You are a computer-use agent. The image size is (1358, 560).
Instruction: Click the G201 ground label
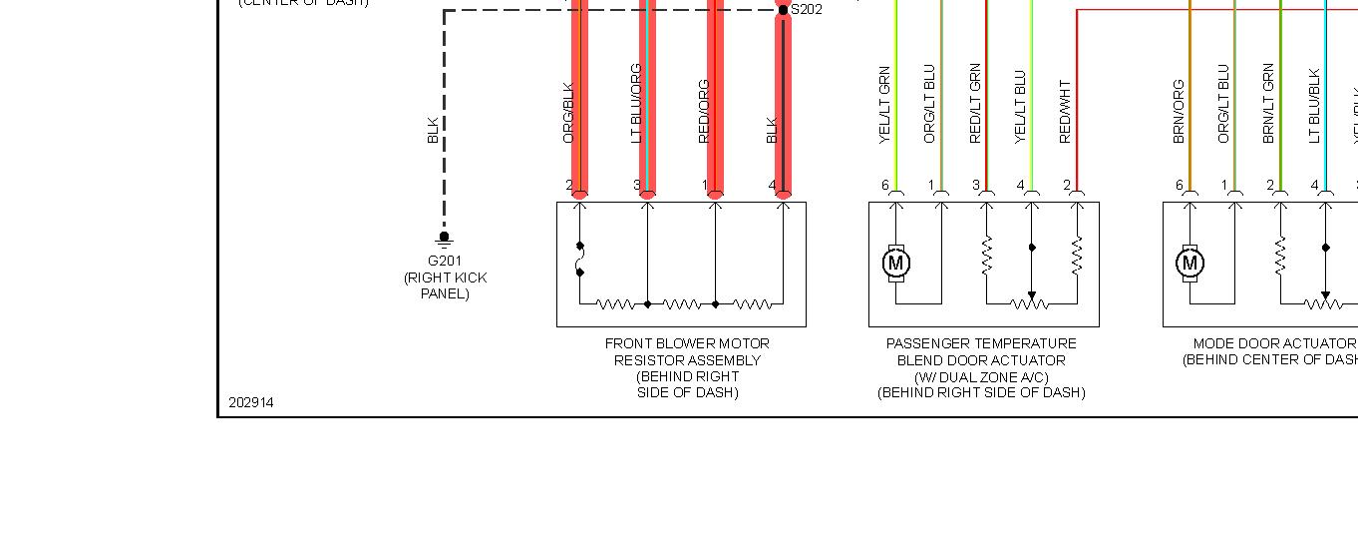(445, 262)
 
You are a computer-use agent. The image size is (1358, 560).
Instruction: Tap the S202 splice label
(807, 10)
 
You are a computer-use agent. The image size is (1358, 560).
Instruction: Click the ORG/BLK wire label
(568, 113)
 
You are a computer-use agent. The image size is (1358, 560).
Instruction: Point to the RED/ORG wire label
(704, 111)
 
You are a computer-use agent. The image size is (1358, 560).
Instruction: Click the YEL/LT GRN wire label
(884, 106)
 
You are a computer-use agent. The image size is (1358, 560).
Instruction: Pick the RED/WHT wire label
(1065, 112)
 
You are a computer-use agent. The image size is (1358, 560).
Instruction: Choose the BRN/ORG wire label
(1179, 111)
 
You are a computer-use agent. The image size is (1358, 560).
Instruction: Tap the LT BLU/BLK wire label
(1314, 106)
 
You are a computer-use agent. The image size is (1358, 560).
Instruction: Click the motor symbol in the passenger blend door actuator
(896, 263)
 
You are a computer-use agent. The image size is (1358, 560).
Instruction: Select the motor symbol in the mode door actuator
(1189, 263)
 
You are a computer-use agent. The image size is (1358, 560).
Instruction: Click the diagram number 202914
(250, 402)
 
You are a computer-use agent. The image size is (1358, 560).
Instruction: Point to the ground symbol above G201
(445, 238)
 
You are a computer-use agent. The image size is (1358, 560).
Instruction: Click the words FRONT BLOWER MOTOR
(687, 343)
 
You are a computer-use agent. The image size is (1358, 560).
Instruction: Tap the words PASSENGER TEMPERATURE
(981, 343)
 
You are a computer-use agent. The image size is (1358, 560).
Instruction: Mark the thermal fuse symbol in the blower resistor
(579, 259)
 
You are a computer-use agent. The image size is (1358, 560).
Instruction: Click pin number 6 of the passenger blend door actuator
(884, 185)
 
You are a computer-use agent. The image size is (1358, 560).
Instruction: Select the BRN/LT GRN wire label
(1268, 104)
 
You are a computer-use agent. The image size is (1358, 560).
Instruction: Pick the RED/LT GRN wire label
(975, 104)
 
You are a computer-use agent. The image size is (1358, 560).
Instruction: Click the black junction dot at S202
(783, 10)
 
